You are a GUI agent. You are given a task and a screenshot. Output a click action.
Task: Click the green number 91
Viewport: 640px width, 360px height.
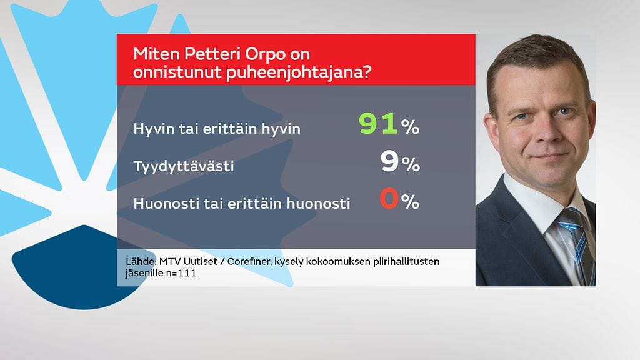[379, 124]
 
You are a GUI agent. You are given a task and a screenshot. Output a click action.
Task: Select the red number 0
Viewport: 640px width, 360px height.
[389, 200]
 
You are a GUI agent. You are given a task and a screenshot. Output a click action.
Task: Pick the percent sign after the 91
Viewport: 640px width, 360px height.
[411, 128]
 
